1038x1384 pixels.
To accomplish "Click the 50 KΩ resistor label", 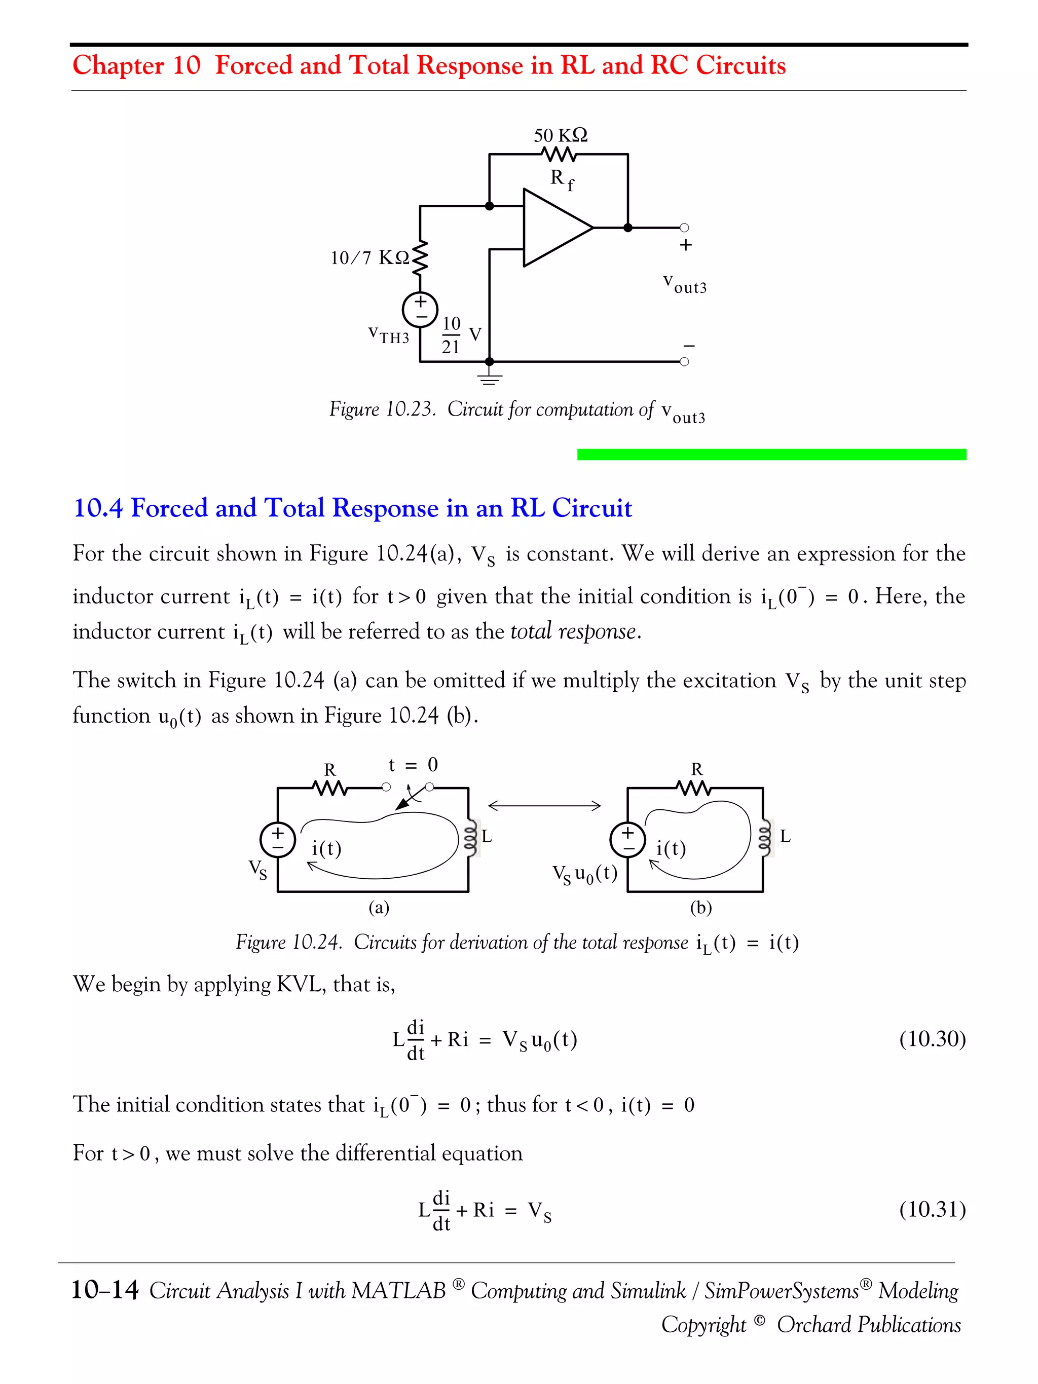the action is point(560,135).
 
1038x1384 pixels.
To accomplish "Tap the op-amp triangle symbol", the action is point(554,228).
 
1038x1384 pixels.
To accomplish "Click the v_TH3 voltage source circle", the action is point(420,309).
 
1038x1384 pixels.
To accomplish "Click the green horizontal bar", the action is point(771,454).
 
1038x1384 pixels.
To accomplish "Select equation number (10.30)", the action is point(932,1038).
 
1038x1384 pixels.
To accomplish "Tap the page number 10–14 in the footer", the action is point(104,1290).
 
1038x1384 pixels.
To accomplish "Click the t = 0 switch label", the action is point(413,765).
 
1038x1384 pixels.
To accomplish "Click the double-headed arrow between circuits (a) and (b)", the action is point(544,806).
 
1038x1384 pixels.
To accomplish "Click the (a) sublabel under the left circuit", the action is point(379,907).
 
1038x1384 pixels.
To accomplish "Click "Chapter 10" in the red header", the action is point(136,65).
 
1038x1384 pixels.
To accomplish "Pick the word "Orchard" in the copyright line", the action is point(813,1325).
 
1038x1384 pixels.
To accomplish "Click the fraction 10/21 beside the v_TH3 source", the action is point(451,335).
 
